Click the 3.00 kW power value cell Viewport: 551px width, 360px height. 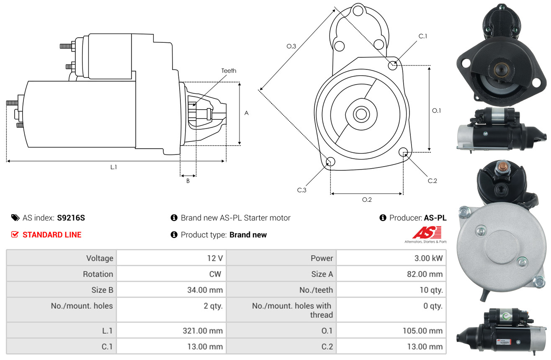tap(428, 258)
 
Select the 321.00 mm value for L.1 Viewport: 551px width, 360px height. tap(203, 331)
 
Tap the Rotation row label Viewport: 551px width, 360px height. tap(98, 274)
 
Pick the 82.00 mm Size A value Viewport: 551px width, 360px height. tap(425, 274)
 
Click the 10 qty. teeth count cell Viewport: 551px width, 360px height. tap(431, 290)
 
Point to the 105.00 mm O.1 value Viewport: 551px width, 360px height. tap(422, 331)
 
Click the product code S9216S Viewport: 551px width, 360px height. tap(71, 218)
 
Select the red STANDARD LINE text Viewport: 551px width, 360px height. tap(52, 235)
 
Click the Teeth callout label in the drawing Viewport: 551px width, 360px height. tap(229, 71)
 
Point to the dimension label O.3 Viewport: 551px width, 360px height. tap(291, 46)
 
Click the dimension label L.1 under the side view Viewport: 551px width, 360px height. tap(113, 167)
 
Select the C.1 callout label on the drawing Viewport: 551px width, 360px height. tap(422, 36)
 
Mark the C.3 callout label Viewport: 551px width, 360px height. tap(301, 190)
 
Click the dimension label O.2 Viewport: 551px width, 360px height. tap(367, 200)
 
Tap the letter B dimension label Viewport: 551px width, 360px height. tap(188, 181)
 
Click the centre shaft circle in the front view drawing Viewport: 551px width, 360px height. tap(361, 114)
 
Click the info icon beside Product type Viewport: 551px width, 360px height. tap(174, 234)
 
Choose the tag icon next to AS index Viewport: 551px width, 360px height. tap(15, 218)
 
